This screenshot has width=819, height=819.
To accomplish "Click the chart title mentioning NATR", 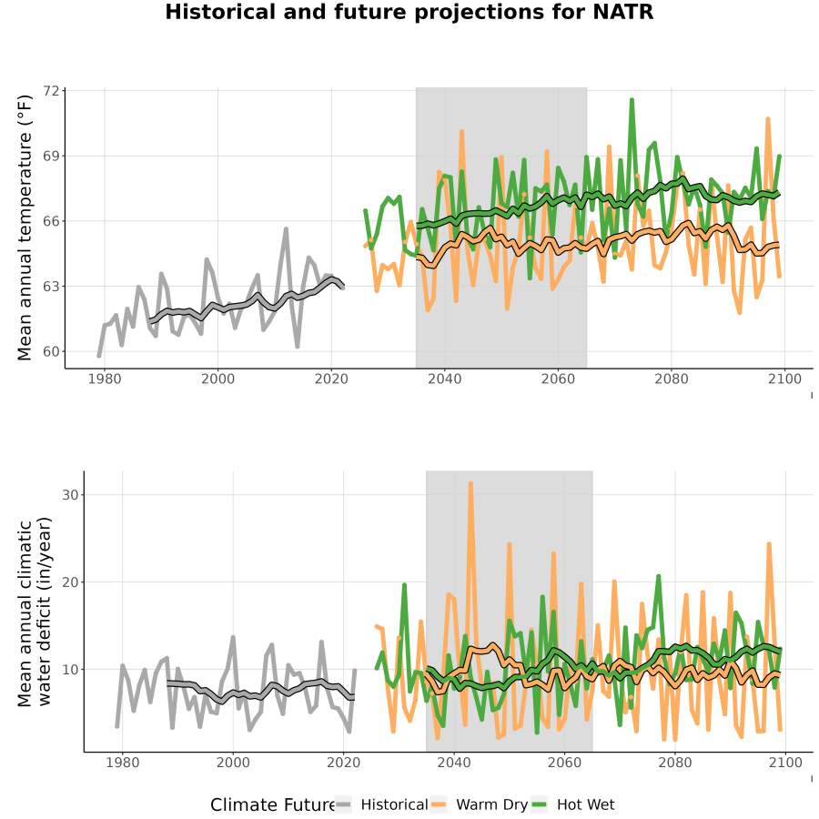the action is [409, 12].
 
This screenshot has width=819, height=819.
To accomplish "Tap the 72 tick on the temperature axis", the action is [51, 91].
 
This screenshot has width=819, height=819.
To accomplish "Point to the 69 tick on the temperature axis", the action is [51, 157].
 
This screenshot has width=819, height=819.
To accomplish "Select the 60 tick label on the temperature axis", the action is [51, 351].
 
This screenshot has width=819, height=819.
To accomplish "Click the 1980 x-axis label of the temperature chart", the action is [105, 379].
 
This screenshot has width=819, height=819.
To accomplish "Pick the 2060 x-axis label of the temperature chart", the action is [558, 379].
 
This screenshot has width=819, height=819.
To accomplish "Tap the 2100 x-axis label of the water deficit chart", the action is [785, 763].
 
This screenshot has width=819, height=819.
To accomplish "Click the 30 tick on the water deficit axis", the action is [70, 495].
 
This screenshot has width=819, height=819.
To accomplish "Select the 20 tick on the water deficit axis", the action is [70, 581].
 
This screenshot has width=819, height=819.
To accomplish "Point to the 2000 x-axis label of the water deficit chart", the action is [233, 763].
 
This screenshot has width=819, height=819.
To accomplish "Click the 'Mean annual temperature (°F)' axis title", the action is [25, 227].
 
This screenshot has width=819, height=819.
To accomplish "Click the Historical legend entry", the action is [381, 804].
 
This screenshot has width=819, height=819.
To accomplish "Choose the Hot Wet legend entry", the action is [573, 804].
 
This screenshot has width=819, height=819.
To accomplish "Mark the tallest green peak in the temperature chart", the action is [632, 99].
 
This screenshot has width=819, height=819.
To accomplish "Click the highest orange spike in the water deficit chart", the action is [470, 484].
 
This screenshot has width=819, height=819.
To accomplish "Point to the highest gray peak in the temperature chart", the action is [287, 228].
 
